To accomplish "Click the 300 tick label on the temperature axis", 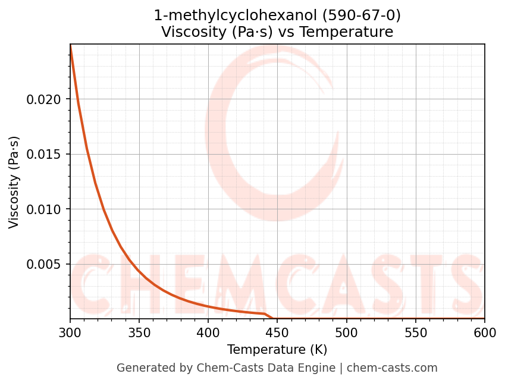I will pos(70,333).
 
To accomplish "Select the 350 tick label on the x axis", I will pos(139,333).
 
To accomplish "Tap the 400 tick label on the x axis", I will pos(208,333).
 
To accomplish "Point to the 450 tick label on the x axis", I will pos(277,333).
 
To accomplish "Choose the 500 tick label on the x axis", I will pos(346,333).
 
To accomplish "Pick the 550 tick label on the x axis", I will pos(415,333).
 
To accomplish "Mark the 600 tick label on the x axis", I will pos(484,333).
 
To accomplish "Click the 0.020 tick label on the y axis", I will pos(43,99).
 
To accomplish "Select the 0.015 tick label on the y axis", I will pos(43,154).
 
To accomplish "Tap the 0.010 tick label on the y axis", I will pos(43,209).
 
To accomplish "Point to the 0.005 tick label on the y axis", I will pos(43,264).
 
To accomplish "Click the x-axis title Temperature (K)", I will pos(277,350).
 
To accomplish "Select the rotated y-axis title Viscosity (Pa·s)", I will pos(15,182).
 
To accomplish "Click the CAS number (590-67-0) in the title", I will pos(361,15).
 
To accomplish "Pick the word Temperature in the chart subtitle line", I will pos(346,32).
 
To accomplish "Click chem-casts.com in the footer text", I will pos(392,368).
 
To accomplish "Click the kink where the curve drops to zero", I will pos(265,314).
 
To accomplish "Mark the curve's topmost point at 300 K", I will pos(70,45).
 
